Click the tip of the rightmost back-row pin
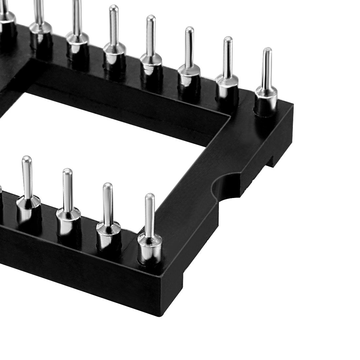[268, 50]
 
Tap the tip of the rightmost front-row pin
[150, 196]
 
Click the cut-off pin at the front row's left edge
[1, 193]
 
